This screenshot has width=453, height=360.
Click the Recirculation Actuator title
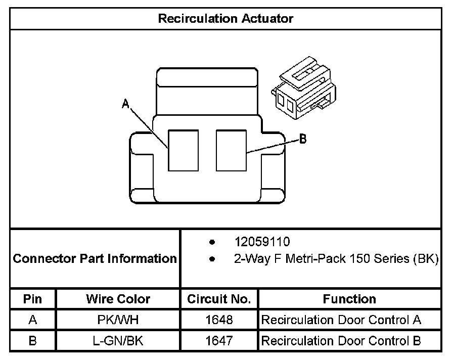tap(225, 19)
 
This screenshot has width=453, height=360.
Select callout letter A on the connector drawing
tap(126, 104)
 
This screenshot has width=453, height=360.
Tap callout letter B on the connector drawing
tap(303, 139)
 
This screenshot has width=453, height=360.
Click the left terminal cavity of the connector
tap(183, 150)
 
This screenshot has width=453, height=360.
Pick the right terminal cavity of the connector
tap(231, 150)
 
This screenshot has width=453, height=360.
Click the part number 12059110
tap(262, 242)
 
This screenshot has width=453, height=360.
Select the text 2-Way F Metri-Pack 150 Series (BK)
tap(336, 259)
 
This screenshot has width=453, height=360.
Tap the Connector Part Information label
tap(95, 259)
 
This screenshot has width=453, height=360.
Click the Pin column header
tap(33, 299)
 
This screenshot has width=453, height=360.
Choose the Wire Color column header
tap(118, 299)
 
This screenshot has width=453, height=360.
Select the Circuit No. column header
tap(219, 299)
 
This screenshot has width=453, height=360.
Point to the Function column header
tap(349, 299)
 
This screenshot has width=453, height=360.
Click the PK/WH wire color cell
tap(118, 320)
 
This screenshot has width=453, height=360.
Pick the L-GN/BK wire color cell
tap(118, 341)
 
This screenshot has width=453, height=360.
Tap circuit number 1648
tap(219, 320)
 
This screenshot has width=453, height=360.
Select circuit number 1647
tap(219, 341)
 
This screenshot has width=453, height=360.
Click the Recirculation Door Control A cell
tap(341, 320)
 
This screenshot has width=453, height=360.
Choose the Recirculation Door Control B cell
tap(341, 341)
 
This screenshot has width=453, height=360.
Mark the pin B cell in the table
tap(33, 341)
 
